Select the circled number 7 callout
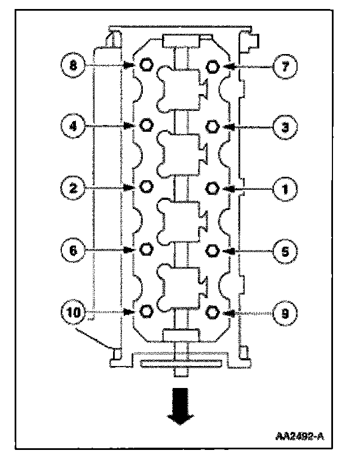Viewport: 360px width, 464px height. (x=285, y=66)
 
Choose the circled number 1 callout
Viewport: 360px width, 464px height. (x=285, y=188)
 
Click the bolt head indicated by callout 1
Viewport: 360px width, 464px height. (x=213, y=188)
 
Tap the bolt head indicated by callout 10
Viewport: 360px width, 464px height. (x=146, y=311)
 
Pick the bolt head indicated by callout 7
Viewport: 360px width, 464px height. (x=213, y=66)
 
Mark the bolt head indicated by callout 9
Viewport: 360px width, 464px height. (x=213, y=311)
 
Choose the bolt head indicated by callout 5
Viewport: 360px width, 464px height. (x=213, y=249)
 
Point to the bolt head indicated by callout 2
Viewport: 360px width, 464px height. (x=146, y=186)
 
